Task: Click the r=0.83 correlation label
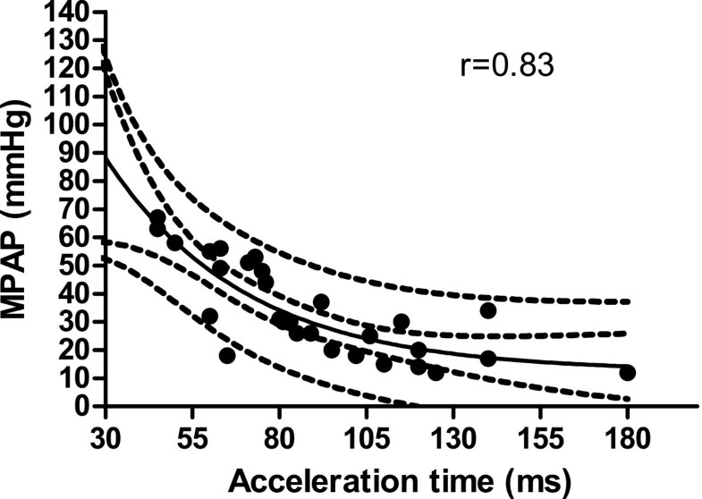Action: tap(507, 66)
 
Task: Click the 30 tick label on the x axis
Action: tap(106, 436)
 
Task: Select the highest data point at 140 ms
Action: tap(487, 310)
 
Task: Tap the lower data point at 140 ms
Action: tap(487, 359)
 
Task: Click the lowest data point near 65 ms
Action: tap(227, 356)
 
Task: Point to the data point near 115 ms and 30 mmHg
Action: tap(401, 322)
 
